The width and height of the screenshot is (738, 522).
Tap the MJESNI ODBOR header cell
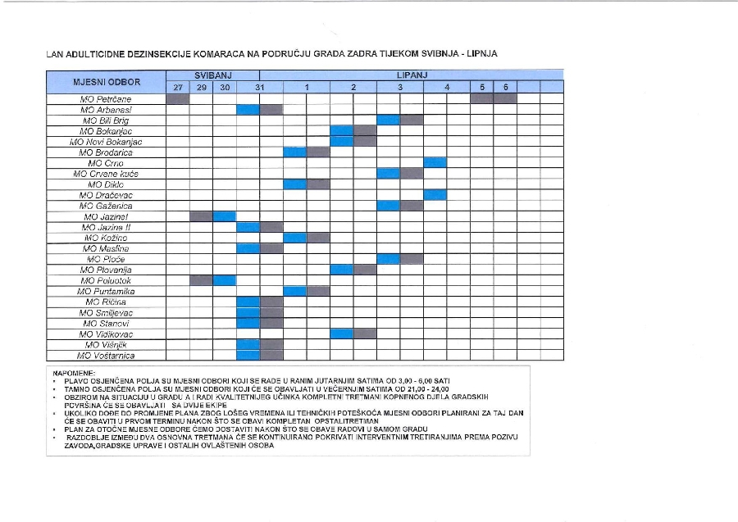point(107,82)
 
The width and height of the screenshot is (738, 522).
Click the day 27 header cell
point(177,87)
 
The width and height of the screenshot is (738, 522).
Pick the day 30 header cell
point(224,87)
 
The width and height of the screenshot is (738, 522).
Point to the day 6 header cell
point(506,87)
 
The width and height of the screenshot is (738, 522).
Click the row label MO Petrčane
point(107,98)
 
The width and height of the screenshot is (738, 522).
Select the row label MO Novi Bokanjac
point(107,142)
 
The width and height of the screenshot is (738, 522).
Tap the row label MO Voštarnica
point(107,356)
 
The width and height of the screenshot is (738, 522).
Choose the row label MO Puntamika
point(107,291)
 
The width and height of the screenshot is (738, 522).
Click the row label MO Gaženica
point(107,206)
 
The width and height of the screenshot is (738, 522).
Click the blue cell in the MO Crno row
point(435,163)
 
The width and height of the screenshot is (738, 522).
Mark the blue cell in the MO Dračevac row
point(435,195)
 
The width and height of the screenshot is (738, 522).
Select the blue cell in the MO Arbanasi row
point(248,109)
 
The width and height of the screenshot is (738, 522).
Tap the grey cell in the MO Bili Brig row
point(412,120)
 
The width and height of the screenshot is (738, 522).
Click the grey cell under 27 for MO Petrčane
point(177,98)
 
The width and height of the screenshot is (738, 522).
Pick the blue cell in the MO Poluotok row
point(224,280)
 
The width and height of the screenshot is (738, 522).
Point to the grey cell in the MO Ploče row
point(412,259)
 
